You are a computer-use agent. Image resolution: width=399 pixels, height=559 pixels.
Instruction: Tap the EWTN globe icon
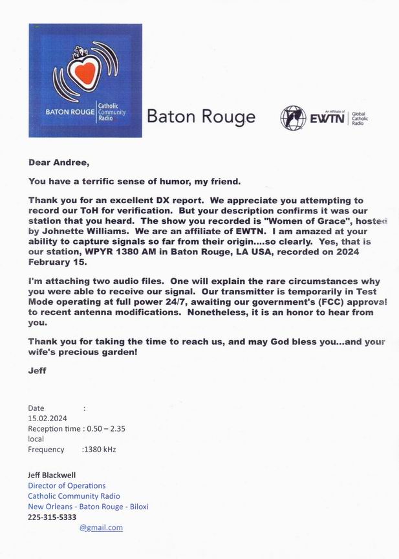(x=294, y=118)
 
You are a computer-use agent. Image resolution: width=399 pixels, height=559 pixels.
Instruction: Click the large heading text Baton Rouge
(x=201, y=117)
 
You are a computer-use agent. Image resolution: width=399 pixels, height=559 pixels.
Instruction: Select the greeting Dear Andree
(x=59, y=163)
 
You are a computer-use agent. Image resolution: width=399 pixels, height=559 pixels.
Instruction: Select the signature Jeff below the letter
(x=38, y=371)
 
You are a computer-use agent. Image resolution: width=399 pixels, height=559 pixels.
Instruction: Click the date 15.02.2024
(x=47, y=418)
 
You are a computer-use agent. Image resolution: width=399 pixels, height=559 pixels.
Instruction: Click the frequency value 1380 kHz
(x=100, y=449)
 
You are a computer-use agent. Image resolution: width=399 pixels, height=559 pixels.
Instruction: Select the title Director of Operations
(x=67, y=485)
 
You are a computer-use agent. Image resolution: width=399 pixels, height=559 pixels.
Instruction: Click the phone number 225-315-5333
(x=52, y=517)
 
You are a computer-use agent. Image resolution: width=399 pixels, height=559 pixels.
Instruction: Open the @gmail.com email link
(x=101, y=527)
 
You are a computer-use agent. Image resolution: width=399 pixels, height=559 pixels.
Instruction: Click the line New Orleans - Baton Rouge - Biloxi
(x=88, y=507)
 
